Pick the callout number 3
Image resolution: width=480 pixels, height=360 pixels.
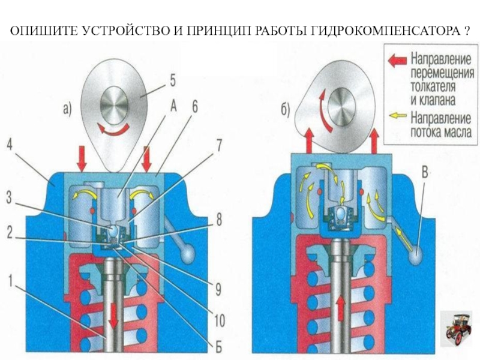point(10,197)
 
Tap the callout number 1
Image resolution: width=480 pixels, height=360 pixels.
point(10,279)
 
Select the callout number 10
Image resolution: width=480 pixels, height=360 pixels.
point(219,322)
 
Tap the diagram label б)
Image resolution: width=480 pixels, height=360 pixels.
point(286,110)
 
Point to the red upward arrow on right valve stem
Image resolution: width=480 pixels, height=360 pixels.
point(341,310)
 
